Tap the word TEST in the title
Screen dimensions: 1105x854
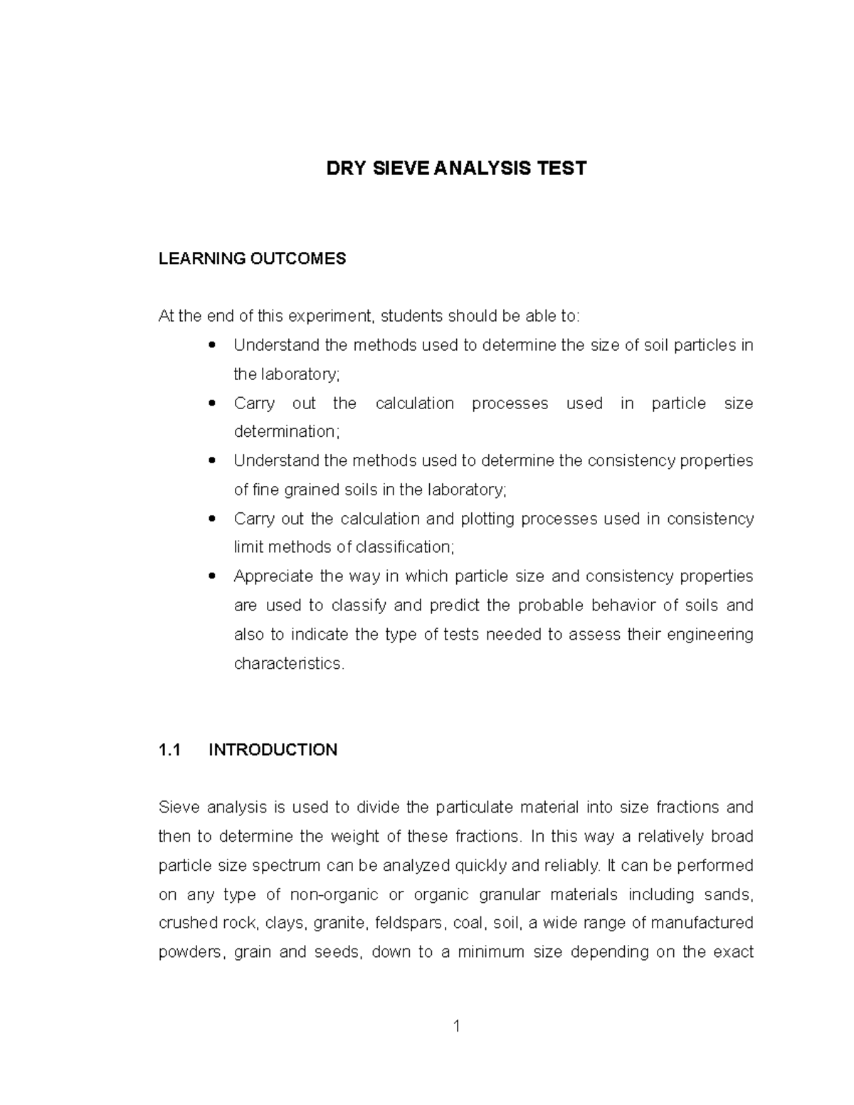(x=562, y=169)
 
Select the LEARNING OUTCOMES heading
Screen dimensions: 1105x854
(x=252, y=258)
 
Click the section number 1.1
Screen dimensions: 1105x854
(x=169, y=750)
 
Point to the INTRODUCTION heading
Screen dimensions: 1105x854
(x=273, y=750)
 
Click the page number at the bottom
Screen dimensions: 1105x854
(x=457, y=1026)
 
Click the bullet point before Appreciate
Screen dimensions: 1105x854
(x=211, y=576)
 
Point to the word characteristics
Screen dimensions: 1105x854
(x=288, y=664)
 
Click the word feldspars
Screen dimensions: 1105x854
(x=408, y=924)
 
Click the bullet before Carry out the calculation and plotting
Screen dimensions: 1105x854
(x=211, y=519)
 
